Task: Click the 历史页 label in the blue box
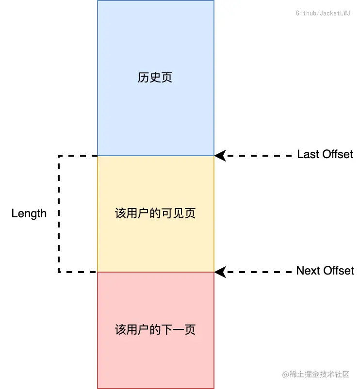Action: point(155,78)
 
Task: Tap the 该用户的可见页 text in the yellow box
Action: point(155,213)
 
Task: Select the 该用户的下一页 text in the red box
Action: point(155,330)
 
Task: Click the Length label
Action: point(29,213)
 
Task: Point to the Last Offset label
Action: point(325,154)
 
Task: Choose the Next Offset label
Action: point(325,271)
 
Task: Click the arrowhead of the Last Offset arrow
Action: point(220,155)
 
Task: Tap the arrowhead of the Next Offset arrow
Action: point(220,272)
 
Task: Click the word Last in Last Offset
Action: point(307,154)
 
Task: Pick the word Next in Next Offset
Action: point(308,271)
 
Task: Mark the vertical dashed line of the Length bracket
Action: point(59,213)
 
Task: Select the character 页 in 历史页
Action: point(166,78)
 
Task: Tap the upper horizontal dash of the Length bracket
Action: point(78,156)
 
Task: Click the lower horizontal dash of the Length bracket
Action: point(78,272)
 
